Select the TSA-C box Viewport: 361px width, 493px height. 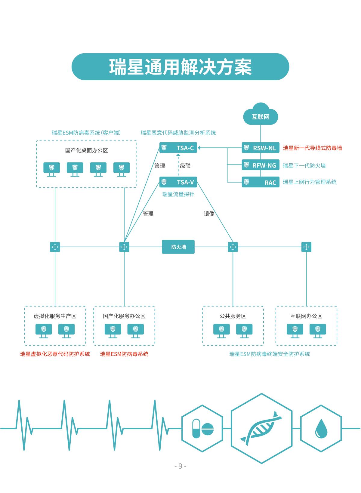click(x=178, y=148)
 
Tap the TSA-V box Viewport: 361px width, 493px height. click(x=178, y=182)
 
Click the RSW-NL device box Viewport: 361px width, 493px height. click(x=261, y=148)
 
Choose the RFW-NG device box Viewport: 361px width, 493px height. click(x=261, y=165)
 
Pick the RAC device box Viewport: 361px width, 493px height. click(x=261, y=182)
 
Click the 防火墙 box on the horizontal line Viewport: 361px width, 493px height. click(x=178, y=247)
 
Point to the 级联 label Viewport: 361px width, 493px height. click(x=185, y=166)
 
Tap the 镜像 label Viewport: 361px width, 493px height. click(x=209, y=214)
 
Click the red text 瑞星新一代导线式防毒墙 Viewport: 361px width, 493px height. click(x=312, y=148)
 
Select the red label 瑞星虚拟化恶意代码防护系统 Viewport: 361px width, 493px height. click(x=55, y=354)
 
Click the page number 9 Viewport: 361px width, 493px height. click(x=180, y=466)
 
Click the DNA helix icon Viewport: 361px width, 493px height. click(x=261, y=428)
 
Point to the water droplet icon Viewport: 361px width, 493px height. click(x=321, y=428)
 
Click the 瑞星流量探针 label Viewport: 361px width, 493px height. click(x=178, y=194)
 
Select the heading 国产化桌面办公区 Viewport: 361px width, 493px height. click(x=86, y=150)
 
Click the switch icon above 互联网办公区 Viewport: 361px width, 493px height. click(x=306, y=247)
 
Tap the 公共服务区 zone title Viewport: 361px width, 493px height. click(x=233, y=316)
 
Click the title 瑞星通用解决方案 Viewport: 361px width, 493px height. click(x=180, y=67)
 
